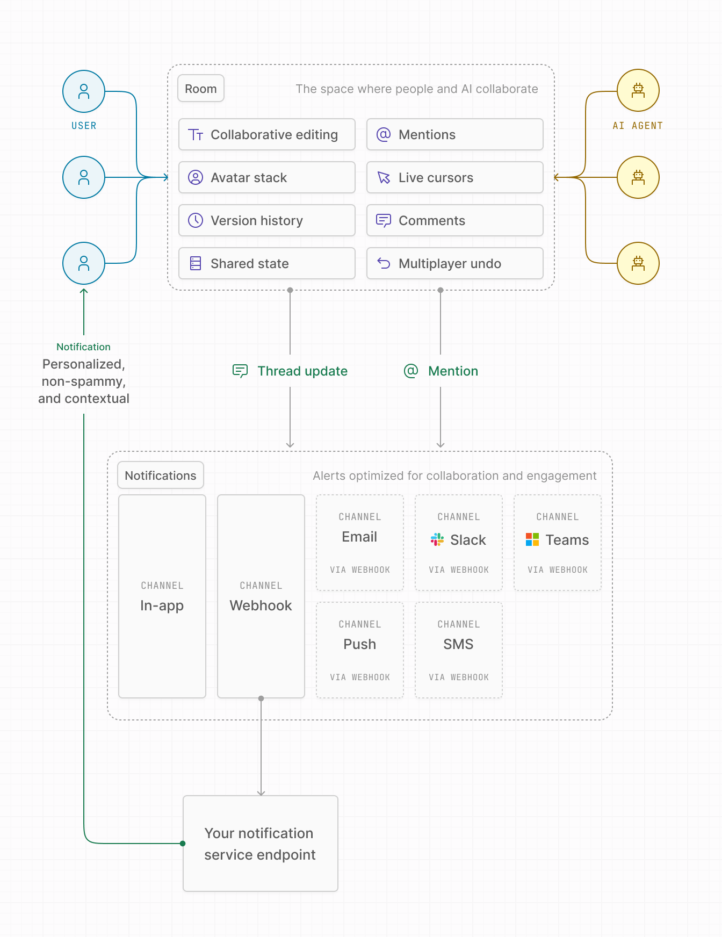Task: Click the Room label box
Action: [x=200, y=89]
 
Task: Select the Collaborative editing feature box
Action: [x=266, y=134]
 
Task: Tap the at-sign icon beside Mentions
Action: [x=384, y=134]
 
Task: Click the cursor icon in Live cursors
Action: [x=384, y=177]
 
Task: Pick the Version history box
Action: [x=266, y=220]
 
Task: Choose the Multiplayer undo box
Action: [x=454, y=263]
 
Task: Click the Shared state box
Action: [x=266, y=263]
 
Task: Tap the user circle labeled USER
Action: [x=84, y=91]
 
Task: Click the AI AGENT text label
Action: [x=638, y=126]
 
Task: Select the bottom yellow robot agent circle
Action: [x=638, y=263]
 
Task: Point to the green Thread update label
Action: [x=302, y=371]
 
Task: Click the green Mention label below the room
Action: [x=452, y=371]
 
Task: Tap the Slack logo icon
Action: [x=437, y=539]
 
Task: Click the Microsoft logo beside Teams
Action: [x=532, y=539]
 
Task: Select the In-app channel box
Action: [x=162, y=596]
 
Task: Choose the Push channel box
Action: [x=360, y=650]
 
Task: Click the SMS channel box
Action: [x=459, y=650]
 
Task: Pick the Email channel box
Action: [x=360, y=543]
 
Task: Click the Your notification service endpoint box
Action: [x=261, y=844]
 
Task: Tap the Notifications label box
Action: [x=161, y=475]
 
